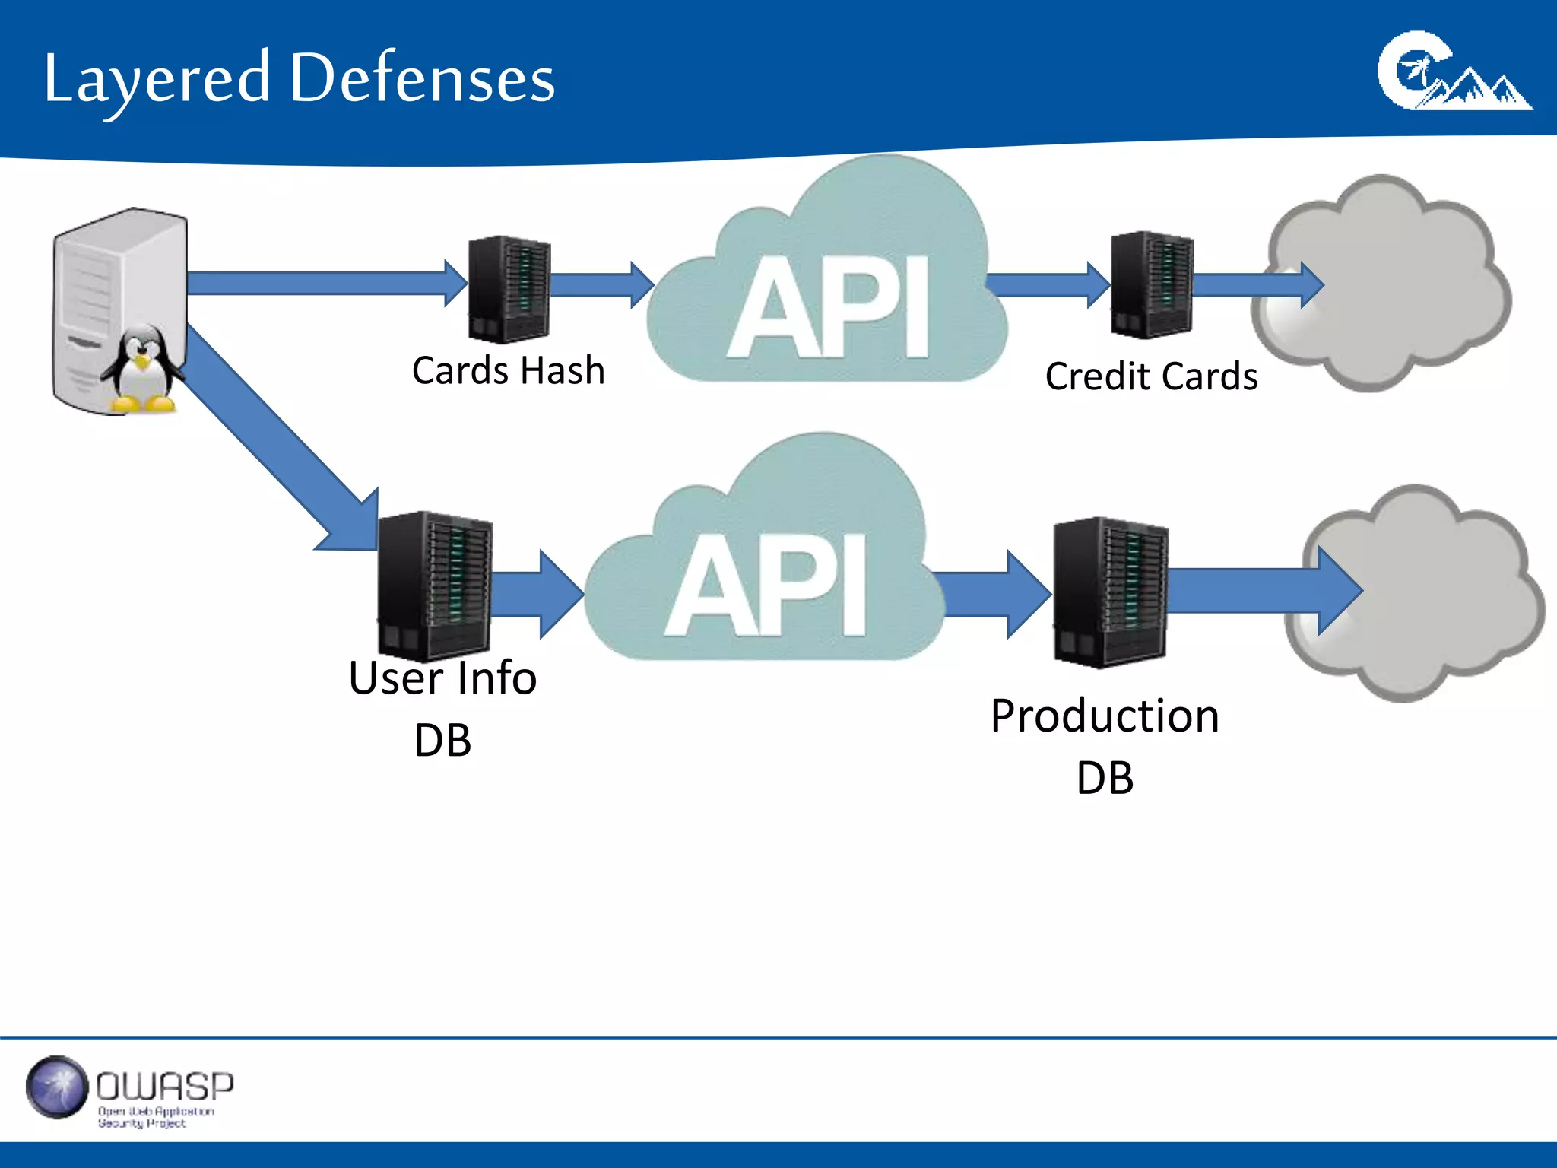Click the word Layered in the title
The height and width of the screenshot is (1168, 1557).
pyautogui.click(x=156, y=79)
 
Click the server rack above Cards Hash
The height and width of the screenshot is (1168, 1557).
pyautogui.click(x=508, y=289)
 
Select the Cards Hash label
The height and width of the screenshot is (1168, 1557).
pyautogui.click(x=508, y=371)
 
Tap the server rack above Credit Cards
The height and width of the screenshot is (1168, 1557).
pyautogui.click(x=1151, y=285)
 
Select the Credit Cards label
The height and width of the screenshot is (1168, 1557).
pyautogui.click(x=1151, y=376)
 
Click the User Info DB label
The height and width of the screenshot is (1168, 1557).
pyautogui.click(x=442, y=707)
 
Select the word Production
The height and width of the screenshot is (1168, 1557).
pyautogui.click(x=1105, y=716)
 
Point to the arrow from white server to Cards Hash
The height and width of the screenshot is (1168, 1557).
pyautogui.click(x=319, y=283)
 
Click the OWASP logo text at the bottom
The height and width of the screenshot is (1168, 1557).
pyautogui.click(x=164, y=1087)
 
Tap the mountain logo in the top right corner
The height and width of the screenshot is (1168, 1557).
pyautogui.click(x=1452, y=72)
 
